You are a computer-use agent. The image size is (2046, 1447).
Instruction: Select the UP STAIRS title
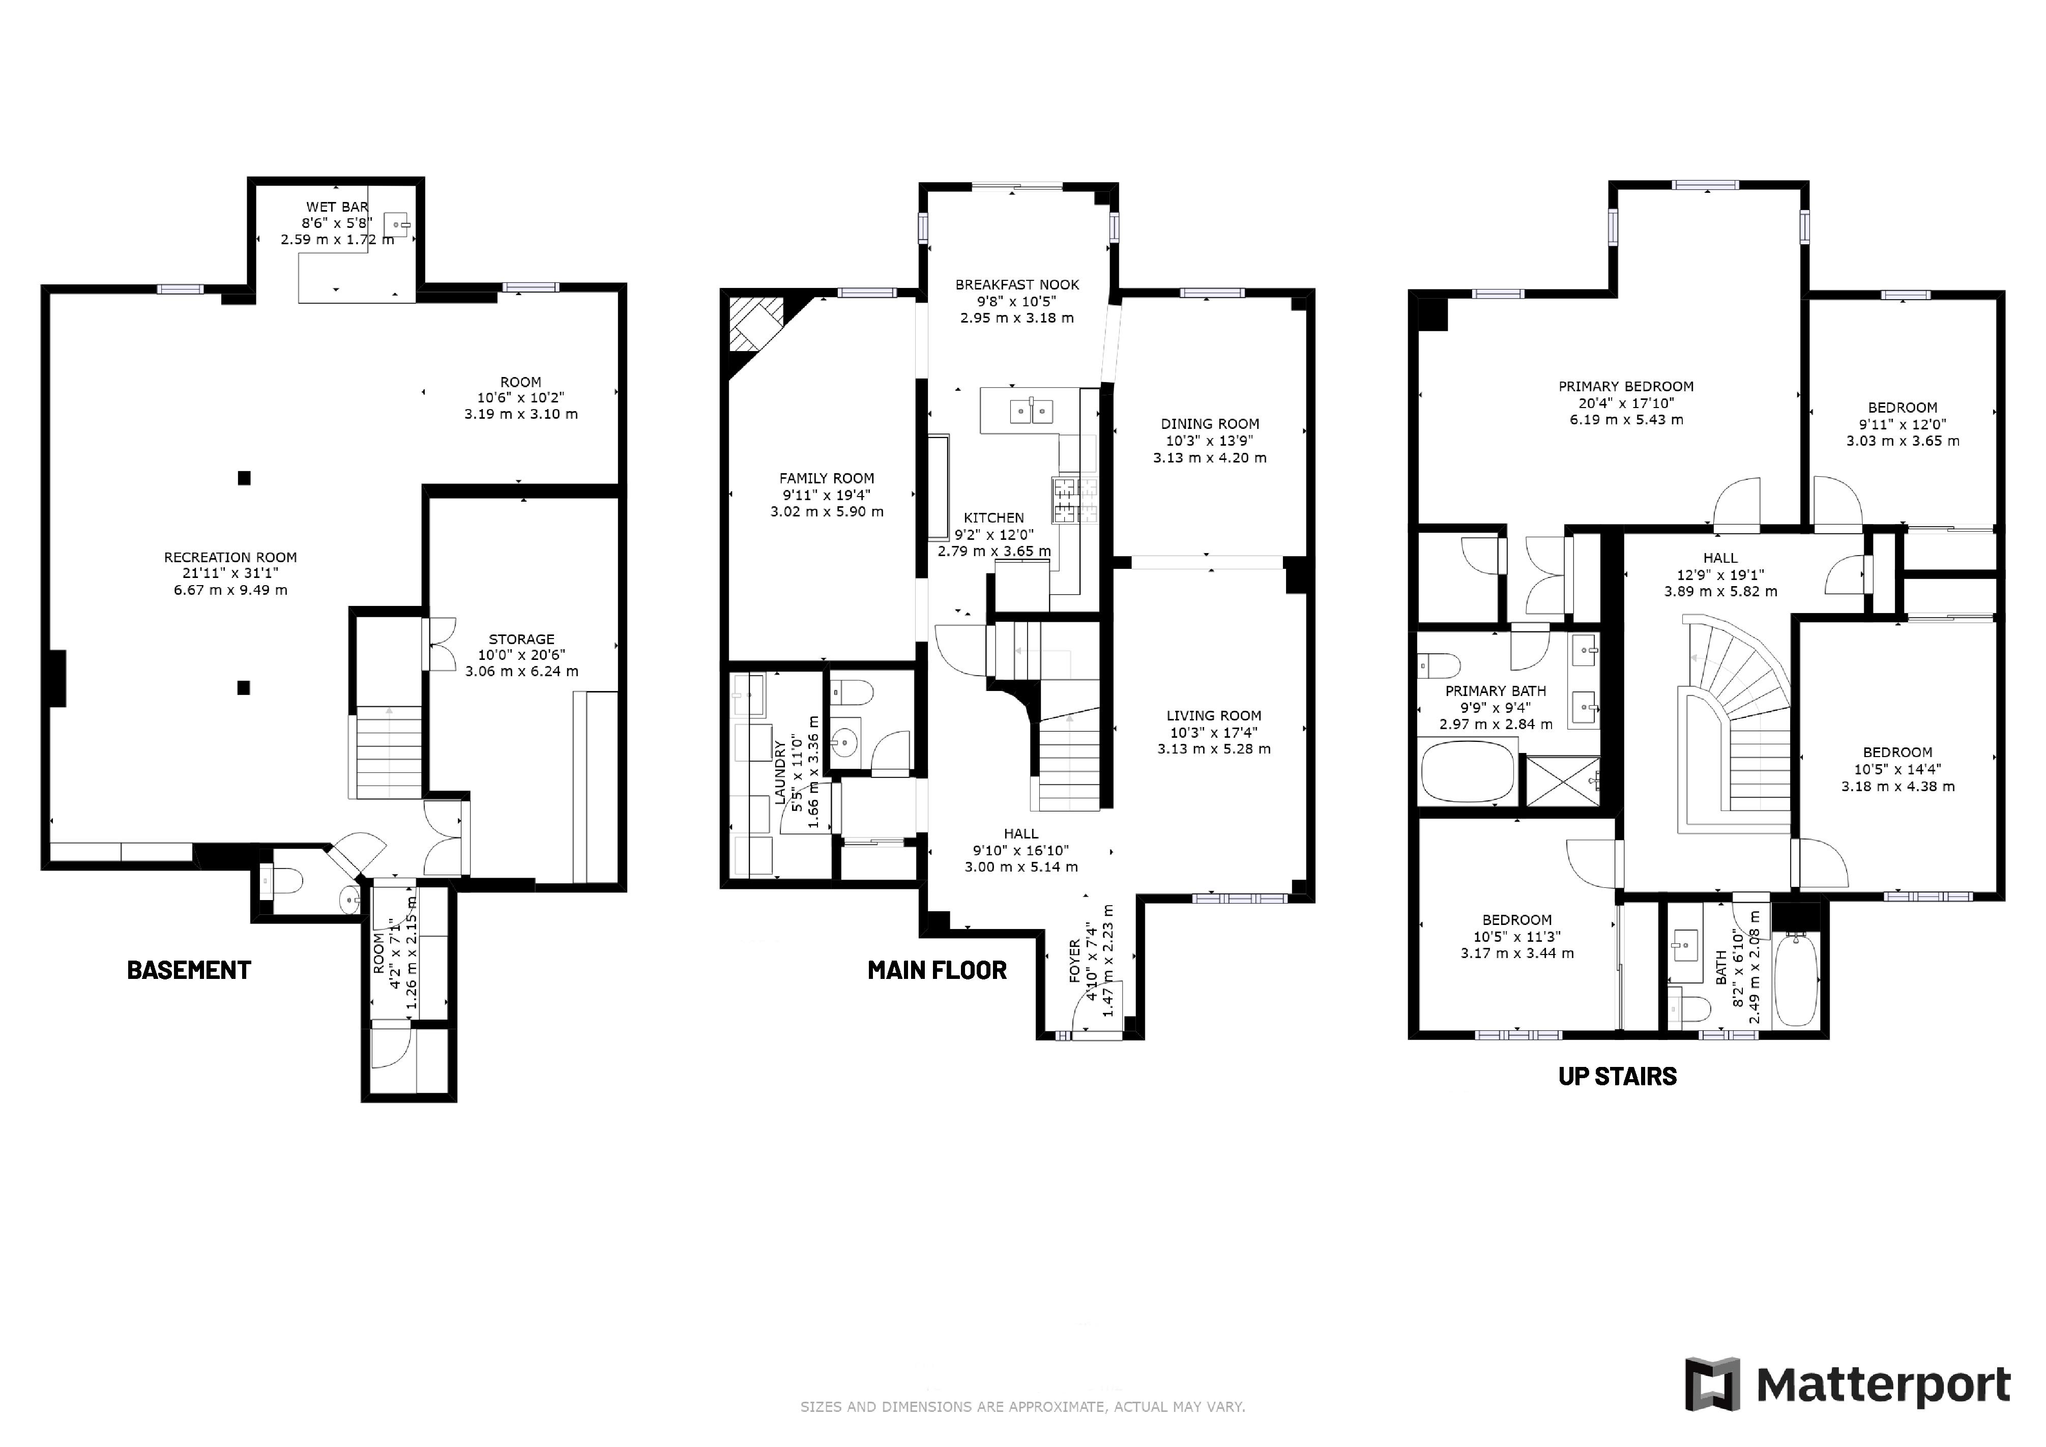coord(1617,1076)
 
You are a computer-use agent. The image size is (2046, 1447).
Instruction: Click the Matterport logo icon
coord(1712,1384)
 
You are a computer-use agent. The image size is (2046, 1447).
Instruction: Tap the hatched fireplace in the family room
coord(756,323)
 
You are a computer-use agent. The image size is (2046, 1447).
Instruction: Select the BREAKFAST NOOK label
coord(1017,284)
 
